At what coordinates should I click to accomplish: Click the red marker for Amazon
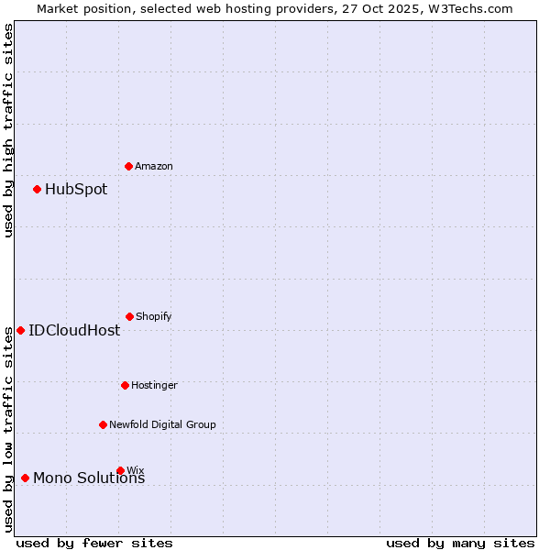pyautogui.click(x=129, y=166)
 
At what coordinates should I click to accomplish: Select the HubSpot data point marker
pyautogui.click(x=38, y=190)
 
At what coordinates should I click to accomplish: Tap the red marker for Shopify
pyautogui.click(x=130, y=316)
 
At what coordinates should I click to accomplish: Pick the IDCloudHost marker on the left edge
pyautogui.click(x=21, y=330)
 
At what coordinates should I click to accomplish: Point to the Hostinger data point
pyautogui.click(x=126, y=385)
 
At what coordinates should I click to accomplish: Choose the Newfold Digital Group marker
pyautogui.click(x=104, y=424)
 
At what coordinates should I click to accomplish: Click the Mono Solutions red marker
pyautogui.click(x=26, y=478)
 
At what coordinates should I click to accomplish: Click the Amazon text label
pyautogui.click(x=154, y=166)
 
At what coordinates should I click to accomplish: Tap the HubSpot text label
pyautogui.click(x=76, y=190)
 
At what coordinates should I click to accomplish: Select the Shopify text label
pyautogui.click(x=154, y=316)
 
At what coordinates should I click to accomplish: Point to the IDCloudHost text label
pyautogui.click(x=74, y=330)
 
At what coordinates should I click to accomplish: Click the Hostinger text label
pyautogui.click(x=154, y=385)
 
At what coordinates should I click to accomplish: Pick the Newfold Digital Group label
pyautogui.click(x=162, y=424)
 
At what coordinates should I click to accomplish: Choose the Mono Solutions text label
pyautogui.click(x=89, y=478)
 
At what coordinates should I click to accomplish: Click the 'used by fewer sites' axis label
pyautogui.click(x=94, y=543)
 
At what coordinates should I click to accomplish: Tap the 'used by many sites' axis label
pyautogui.click(x=460, y=543)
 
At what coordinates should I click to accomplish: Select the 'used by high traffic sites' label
pyautogui.click(x=8, y=130)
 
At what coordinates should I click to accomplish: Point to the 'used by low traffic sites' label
pyautogui.click(x=8, y=429)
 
